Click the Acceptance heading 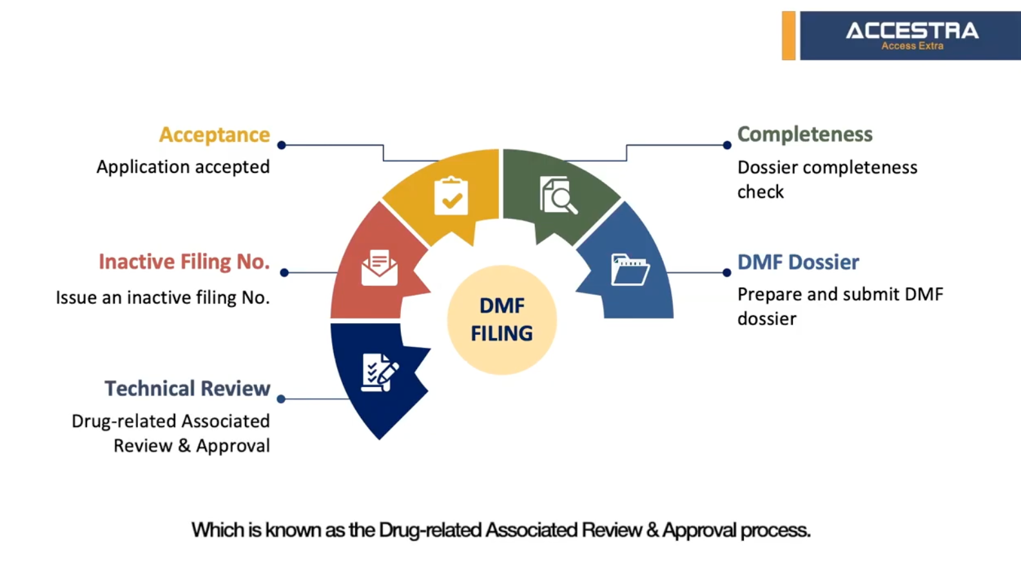click(x=214, y=135)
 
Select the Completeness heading click(x=804, y=134)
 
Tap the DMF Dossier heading click(x=797, y=262)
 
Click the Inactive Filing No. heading click(x=184, y=261)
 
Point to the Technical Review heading click(x=187, y=388)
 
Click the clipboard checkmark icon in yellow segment click(x=451, y=196)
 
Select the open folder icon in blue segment click(x=630, y=270)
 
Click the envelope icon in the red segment click(x=379, y=268)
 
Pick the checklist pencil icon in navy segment click(x=379, y=372)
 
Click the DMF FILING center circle click(x=501, y=319)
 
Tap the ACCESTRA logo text click(x=911, y=30)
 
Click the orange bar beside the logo click(x=788, y=35)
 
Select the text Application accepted click(x=183, y=167)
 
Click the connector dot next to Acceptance click(x=282, y=145)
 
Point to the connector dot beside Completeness click(x=726, y=145)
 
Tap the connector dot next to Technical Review click(x=281, y=399)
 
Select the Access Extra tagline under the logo click(x=912, y=46)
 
